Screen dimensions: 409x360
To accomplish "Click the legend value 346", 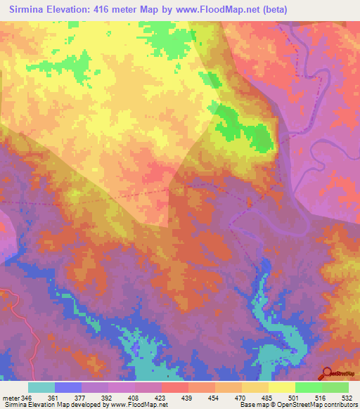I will (27, 397).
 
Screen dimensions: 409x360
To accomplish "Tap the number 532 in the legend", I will (346, 397).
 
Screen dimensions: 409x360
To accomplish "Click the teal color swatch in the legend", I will (41, 387).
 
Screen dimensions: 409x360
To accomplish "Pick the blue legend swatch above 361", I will (67, 387).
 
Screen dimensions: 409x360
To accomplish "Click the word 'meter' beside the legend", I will (11, 397).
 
